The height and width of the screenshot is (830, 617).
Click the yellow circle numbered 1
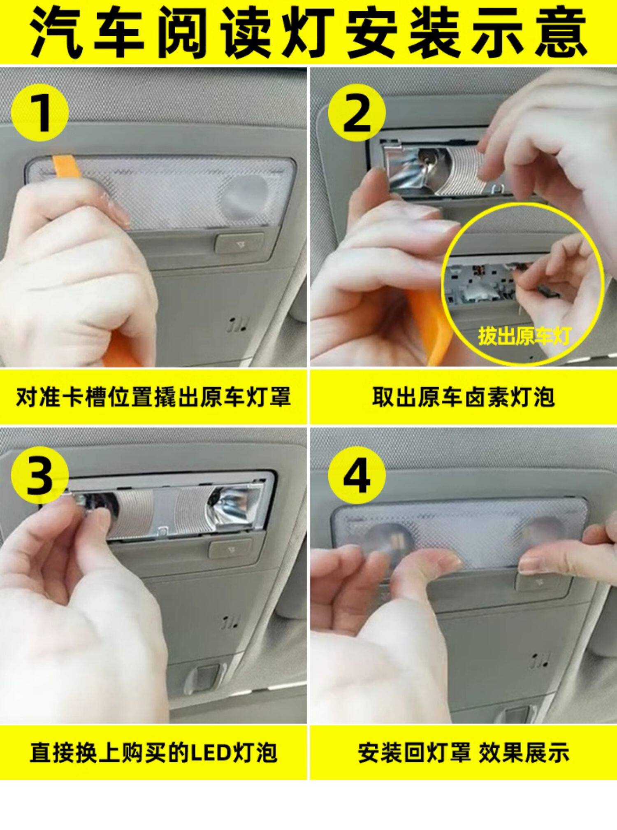coord(39,112)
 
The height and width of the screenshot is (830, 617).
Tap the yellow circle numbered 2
coord(357,112)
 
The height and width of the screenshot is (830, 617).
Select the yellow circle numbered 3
coord(39,475)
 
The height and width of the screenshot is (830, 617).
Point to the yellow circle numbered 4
coord(357,475)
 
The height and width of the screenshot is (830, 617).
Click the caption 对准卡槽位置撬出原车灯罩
coord(153,397)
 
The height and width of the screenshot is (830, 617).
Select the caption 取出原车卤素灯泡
coord(464,397)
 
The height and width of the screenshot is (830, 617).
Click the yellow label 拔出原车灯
coord(524,336)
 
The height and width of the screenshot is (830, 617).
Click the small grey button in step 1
coord(239,243)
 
